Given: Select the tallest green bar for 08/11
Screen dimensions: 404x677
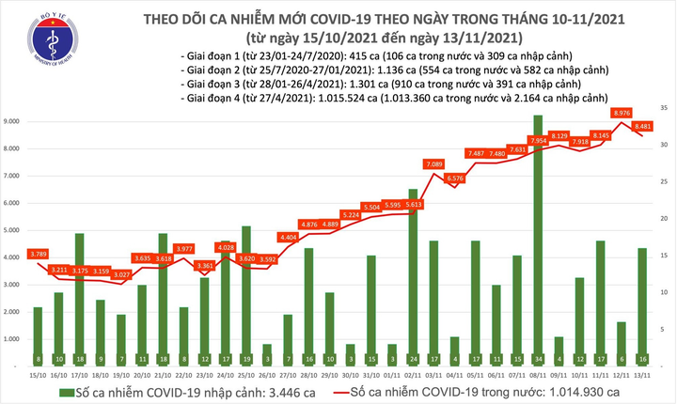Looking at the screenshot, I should [537, 235].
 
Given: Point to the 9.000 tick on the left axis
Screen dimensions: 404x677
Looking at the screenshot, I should [13, 122].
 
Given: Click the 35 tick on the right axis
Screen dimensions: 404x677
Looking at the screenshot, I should [664, 109].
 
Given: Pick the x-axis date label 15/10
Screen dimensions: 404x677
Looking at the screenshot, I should [37, 375].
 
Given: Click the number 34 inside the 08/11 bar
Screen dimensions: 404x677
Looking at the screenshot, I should [537, 359].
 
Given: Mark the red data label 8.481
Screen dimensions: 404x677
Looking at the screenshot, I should [643, 126].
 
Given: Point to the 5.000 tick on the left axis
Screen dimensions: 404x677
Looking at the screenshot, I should [13, 230].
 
